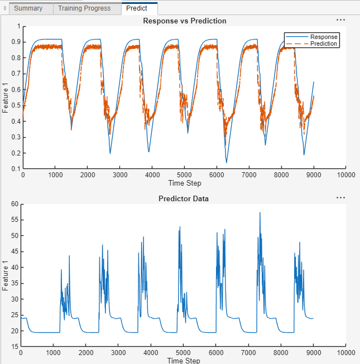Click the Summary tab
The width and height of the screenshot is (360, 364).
[28, 8]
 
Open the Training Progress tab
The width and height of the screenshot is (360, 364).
[84, 8]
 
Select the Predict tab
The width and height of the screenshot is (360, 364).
[137, 8]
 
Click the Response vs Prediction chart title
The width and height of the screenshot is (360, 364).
[185, 21]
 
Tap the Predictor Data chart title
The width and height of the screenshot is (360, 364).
[184, 198]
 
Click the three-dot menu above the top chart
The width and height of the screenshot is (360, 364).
[340, 20]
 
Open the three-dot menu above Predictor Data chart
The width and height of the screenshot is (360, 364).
[340, 198]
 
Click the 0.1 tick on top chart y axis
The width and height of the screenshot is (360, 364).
[16, 169]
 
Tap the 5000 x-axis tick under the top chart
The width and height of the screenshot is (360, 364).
[185, 175]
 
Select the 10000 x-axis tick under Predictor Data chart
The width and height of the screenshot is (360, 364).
[346, 353]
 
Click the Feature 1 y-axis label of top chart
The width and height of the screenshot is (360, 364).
[5, 98]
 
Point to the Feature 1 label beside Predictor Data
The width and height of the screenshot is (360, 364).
[5, 275]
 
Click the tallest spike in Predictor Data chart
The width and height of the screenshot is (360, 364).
[260, 213]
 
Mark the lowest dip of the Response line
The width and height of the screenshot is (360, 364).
[227, 162]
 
